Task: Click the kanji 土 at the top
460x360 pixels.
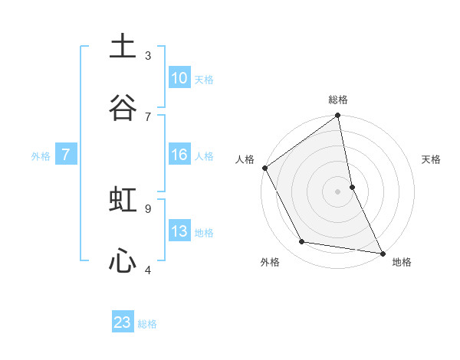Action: [123, 47]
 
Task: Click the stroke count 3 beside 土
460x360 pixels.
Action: [148, 55]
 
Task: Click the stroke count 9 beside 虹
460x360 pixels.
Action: [148, 208]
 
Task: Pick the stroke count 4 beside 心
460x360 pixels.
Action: [148, 269]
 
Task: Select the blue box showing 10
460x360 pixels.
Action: [179, 78]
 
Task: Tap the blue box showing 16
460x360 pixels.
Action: [179, 155]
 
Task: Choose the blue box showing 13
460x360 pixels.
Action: [179, 231]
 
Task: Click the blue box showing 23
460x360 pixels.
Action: [123, 322]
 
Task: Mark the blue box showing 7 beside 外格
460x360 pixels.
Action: [66, 155]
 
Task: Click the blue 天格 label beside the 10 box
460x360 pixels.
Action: [204, 79]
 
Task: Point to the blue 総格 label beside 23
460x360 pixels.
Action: [147, 324]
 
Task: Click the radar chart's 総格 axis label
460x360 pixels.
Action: [338, 100]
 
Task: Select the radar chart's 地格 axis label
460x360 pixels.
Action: [402, 262]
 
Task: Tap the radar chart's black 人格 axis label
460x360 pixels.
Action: [245, 159]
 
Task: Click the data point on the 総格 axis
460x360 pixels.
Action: [338, 116]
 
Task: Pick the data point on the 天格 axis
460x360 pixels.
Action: [352, 186]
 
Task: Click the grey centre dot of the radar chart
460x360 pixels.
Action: [338, 191]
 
